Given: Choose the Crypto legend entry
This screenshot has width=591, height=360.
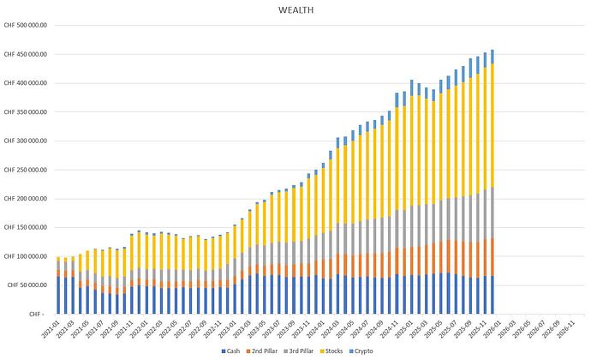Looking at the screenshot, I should coord(370,351).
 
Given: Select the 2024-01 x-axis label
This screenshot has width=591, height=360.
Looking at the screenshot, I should coord(321,328).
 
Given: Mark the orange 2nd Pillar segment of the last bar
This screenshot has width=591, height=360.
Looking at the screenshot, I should coord(492,257).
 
